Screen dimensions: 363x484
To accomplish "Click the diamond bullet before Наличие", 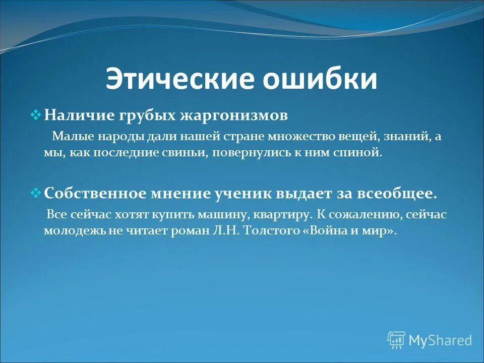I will (x=36, y=115).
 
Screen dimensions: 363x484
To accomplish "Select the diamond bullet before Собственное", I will (x=36, y=193).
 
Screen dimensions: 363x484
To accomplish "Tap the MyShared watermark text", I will (x=440, y=340).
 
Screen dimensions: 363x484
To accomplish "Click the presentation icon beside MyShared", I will (x=396, y=340).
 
